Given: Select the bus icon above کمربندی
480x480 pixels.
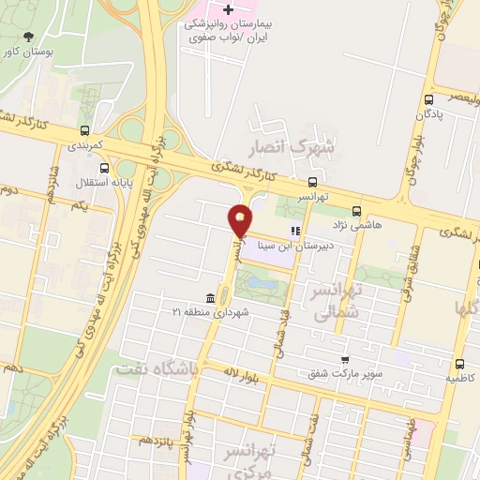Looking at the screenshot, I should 85,131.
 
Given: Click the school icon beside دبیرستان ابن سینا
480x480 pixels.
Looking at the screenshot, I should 294,230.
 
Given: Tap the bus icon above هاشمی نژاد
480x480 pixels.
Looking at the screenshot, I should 355,211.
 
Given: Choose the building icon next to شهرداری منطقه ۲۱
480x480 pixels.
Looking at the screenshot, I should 208,298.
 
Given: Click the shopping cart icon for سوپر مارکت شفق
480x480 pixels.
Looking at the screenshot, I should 345,359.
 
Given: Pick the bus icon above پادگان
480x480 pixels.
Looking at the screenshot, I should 428,98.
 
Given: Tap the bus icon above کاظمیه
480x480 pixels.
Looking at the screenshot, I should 459,363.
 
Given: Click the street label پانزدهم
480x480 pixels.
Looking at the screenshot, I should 157,439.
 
